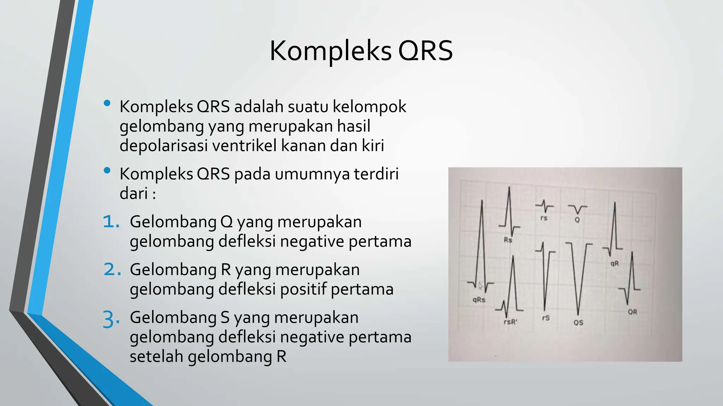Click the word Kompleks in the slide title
tap(330, 51)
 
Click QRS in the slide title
tap(425, 51)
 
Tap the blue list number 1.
tap(111, 222)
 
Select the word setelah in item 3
tap(156, 356)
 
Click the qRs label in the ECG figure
tap(479, 300)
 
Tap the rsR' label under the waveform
tap(510, 322)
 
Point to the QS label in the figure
tap(578, 322)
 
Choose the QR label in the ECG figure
tap(632, 312)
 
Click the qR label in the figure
tap(615, 263)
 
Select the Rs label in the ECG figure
tap(508, 240)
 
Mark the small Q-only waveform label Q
tap(577, 220)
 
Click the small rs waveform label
tap(544, 218)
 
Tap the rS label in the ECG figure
tap(546, 318)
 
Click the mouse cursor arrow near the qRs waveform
tap(480, 285)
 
